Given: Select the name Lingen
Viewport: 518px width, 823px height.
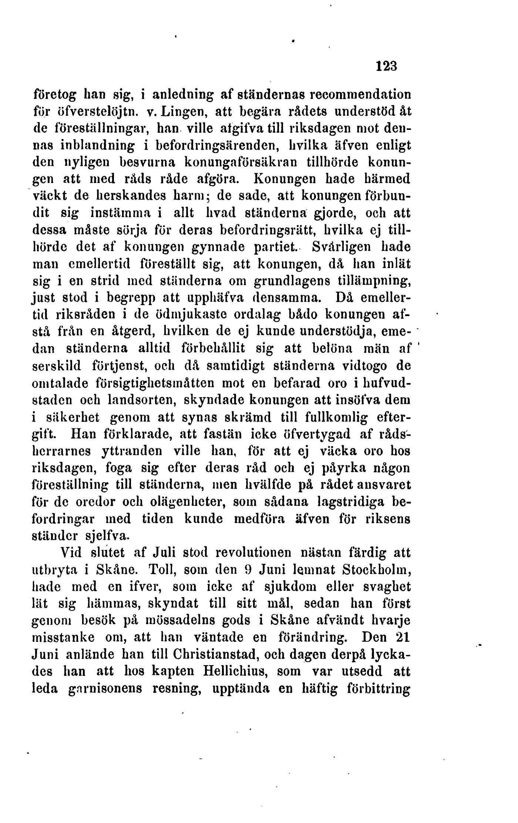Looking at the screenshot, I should tap(186, 111).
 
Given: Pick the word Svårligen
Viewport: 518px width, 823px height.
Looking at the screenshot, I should tap(343, 246).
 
